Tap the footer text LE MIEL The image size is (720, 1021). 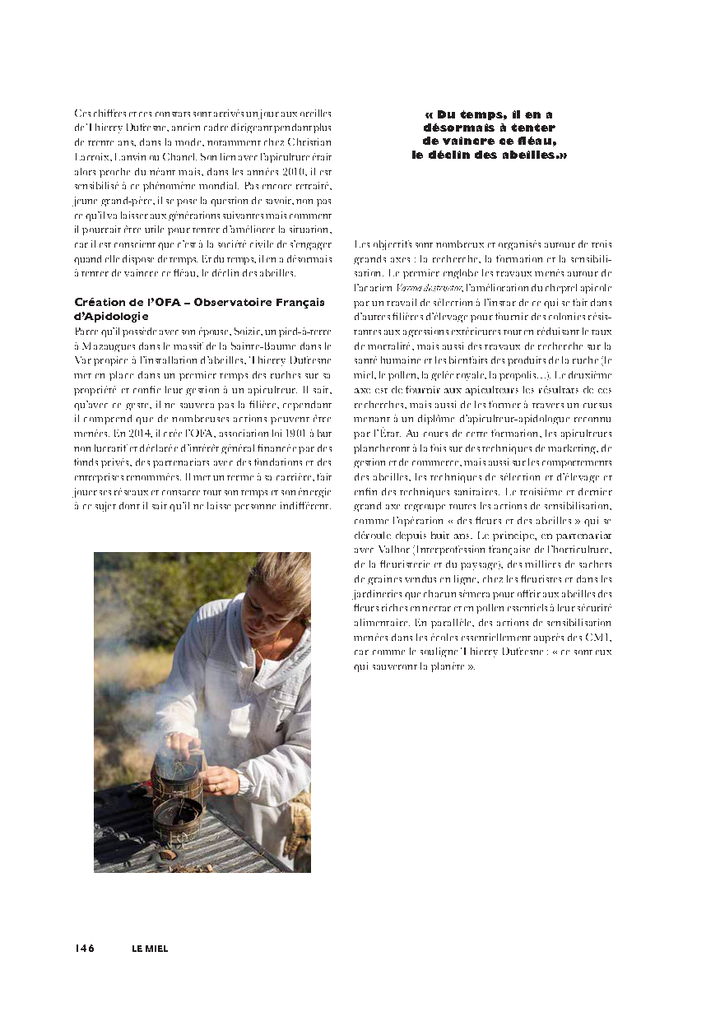pyautogui.click(x=150, y=948)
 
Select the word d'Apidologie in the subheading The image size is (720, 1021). pyautogui.click(x=112, y=315)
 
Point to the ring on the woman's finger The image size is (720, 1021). pyautogui.click(x=216, y=787)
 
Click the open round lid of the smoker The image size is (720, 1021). pyautogui.click(x=176, y=810)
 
